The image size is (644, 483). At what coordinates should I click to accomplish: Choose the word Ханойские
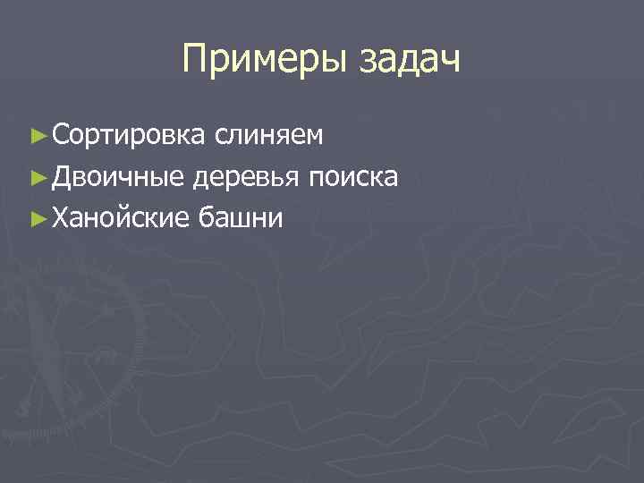pos(120,217)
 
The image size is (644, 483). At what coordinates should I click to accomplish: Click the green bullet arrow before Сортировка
pos(37,136)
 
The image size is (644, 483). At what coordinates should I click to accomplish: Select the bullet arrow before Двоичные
pos(37,177)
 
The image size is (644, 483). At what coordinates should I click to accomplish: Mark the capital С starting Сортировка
pos(60,135)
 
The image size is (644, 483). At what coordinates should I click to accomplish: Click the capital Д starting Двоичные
pos(62,176)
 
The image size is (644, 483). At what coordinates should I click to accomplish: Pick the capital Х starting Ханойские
pos(60,217)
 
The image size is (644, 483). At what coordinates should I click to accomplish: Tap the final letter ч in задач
pos(451,64)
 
